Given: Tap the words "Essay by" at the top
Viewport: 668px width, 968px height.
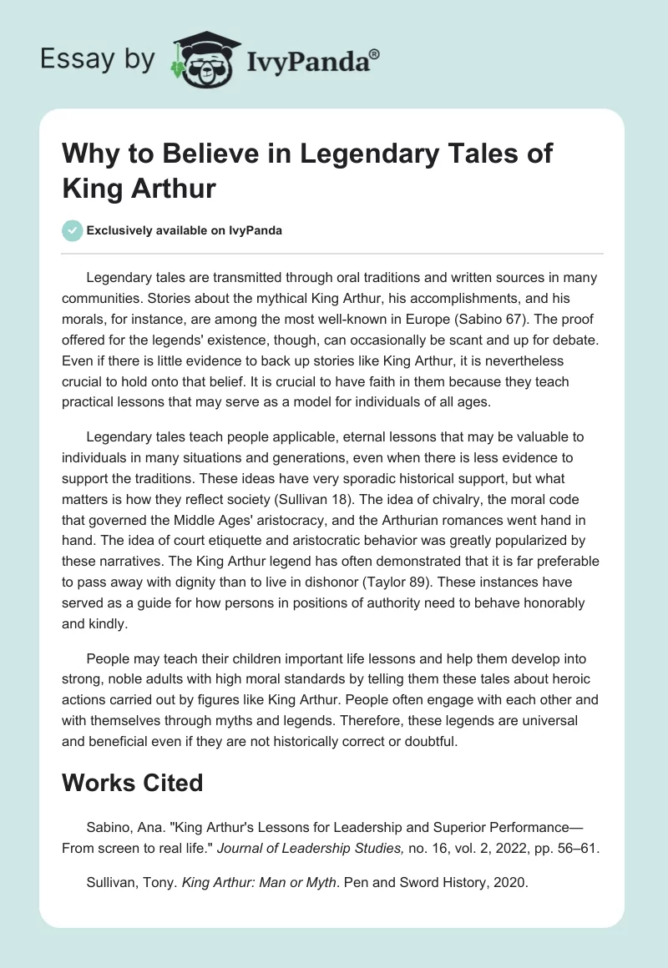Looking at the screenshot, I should pos(99,59).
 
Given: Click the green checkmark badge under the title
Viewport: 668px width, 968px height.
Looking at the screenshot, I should pos(72,230).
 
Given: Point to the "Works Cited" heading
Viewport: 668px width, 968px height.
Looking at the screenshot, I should pos(133,783).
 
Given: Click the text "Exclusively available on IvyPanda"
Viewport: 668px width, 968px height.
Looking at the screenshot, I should pos(185,230).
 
